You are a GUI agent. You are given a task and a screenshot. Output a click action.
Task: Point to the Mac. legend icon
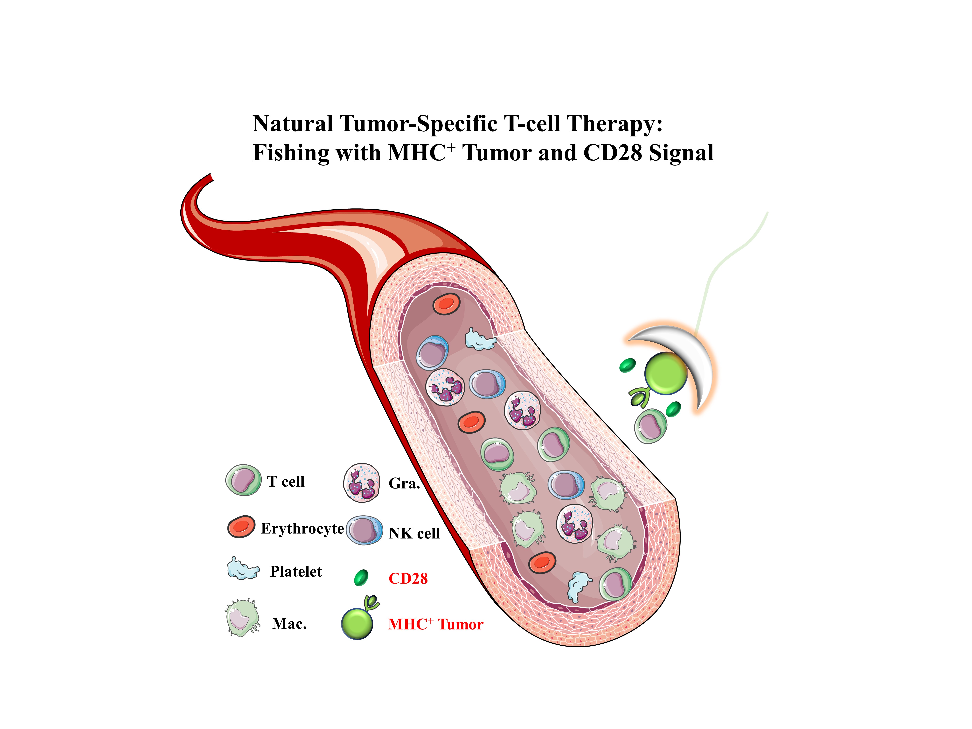(x=242, y=617)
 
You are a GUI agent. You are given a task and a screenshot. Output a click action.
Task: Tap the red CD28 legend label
(x=408, y=578)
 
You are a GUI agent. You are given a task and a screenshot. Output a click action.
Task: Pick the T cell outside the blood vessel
(x=650, y=425)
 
